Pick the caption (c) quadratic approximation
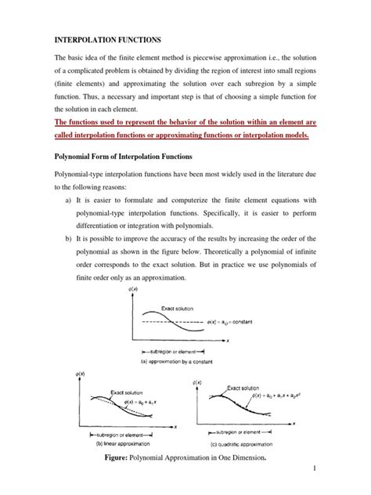pyautogui.click(x=243, y=463)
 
